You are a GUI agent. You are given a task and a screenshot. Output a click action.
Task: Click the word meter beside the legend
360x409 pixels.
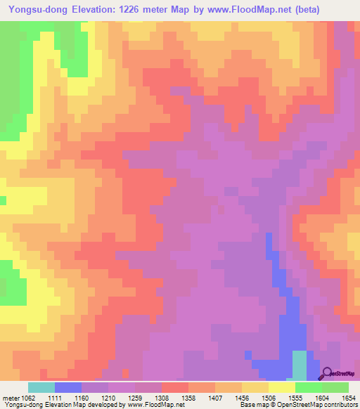(9, 398)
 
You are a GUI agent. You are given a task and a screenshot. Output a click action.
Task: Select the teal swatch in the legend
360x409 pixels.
(41, 387)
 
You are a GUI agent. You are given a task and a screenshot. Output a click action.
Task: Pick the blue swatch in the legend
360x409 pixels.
(67, 387)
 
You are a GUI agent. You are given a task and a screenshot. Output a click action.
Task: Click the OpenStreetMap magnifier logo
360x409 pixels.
(327, 373)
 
